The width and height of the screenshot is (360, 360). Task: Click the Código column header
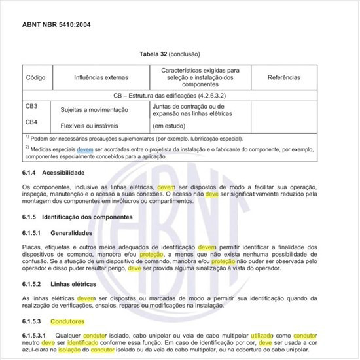pos(36,77)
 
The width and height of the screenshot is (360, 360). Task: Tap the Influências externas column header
pos(101,77)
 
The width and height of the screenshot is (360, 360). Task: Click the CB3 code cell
pos(31,106)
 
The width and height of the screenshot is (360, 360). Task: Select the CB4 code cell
pos(31,122)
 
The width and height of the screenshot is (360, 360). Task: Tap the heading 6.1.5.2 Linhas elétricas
pos(66,284)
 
